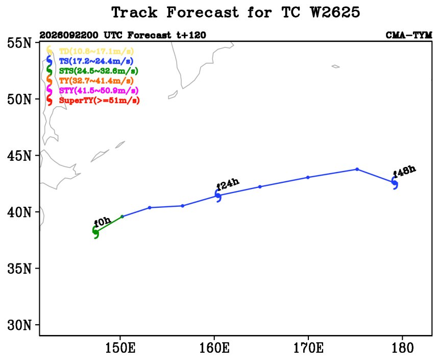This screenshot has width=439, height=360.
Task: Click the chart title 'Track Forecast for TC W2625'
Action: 236,13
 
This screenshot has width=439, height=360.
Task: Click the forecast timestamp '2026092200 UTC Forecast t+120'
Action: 123,35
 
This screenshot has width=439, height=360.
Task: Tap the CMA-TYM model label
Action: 409,35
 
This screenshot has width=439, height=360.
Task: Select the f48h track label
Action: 404,172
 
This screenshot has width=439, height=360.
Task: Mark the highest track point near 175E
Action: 357,169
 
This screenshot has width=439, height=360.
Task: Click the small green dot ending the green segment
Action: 122,217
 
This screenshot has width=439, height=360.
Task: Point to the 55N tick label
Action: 19,43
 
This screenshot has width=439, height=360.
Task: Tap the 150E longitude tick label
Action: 120,348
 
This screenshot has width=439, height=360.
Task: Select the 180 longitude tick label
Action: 403,348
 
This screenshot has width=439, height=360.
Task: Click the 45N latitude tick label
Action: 19,155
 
